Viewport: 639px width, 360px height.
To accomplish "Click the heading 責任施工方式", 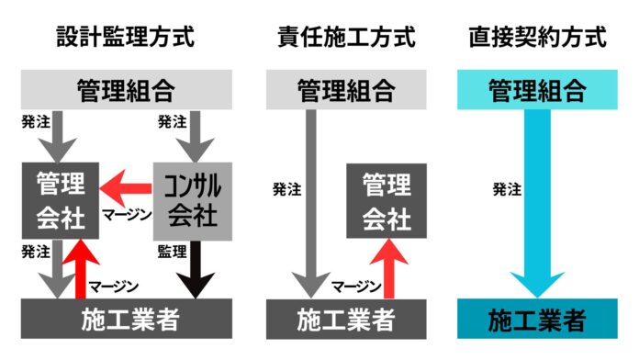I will [x=346, y=39].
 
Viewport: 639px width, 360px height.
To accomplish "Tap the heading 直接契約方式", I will [x=536, y=39].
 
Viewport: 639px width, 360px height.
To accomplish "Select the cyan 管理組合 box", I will [x=536, y=90].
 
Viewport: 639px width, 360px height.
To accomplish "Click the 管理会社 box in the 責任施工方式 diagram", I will [x=386, y=202].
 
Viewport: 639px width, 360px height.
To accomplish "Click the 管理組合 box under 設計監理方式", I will [x=126, y=91].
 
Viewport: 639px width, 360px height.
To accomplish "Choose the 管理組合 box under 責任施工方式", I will [x=346, y=91].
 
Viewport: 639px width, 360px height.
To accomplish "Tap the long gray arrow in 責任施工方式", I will [x=311, y=202].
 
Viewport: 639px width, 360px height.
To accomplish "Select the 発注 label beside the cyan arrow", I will [x=506, y=190].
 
